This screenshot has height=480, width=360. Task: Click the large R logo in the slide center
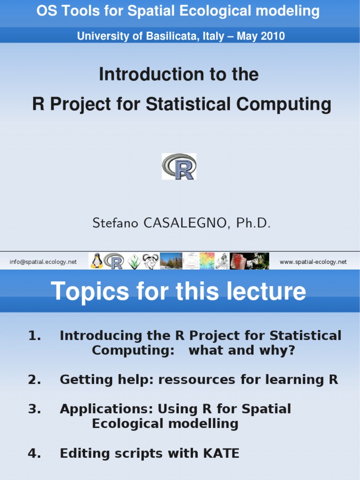(x=179, y=166)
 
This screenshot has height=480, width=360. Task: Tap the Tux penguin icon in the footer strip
(x=97, y=261)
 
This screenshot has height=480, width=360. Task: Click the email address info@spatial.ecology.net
(x=43, y=262)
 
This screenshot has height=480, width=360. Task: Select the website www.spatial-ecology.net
(x=313, y=262)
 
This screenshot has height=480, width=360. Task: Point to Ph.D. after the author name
(x=254, y=223)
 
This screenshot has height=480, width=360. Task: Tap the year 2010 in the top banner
(x=273, y=36)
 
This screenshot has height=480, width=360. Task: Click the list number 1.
(x=35, y=336)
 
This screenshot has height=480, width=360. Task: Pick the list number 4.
(x=35, y=453)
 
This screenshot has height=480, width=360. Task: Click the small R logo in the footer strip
(x=114, y=261)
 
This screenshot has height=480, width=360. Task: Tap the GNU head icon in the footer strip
(x=150, y=261)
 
